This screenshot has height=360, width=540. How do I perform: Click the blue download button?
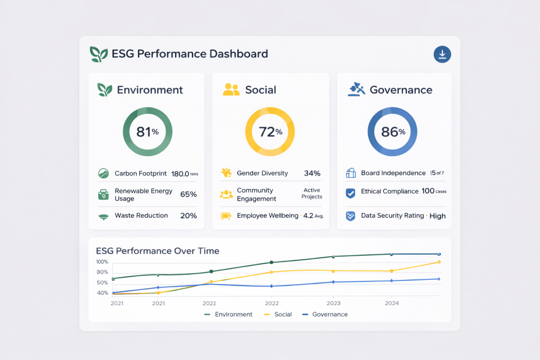click(442, 54)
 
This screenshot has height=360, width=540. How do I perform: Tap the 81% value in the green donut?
click(147, 132)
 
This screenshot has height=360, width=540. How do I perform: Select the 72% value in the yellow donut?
click(270, 132)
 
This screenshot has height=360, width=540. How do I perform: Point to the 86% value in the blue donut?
click(392, 132)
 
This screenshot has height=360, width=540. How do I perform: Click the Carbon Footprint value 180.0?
click(180, 173)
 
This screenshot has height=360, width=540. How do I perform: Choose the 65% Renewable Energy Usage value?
click(188, 194)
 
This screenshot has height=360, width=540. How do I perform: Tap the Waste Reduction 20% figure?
click(188, 216)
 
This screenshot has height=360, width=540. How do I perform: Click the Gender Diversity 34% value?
click(312, 173)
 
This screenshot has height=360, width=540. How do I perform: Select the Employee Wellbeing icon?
click(226, 216)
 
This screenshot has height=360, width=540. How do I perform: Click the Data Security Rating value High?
click(437, 216)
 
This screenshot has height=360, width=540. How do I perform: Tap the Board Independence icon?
click(351, 173)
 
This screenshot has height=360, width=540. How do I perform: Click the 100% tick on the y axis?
click(102, 262)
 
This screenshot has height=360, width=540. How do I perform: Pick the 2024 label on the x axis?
click(392, 303)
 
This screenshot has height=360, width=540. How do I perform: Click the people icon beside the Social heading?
click(231, 90)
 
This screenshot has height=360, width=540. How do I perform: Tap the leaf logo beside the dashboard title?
click(99, 54)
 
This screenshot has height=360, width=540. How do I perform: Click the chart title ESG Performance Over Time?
click(158, 251)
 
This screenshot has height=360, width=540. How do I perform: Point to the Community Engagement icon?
click(226, 194)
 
